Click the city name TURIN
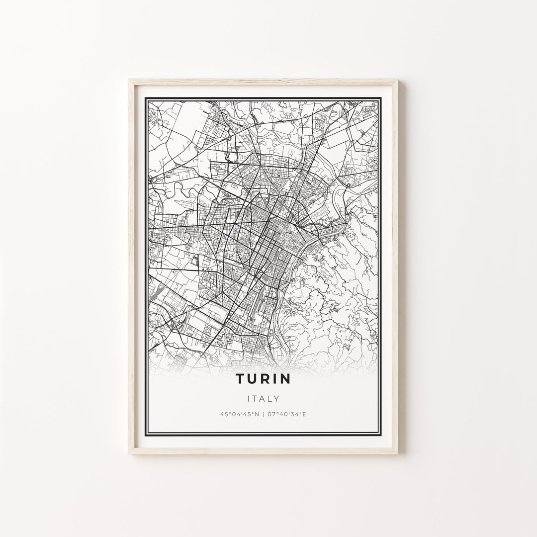pyautogui.click(x=263, y=378)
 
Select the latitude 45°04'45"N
pyautogui.click(x=239, y=414)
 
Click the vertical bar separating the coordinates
pyautogui.click(x=264, y=414)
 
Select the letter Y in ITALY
pyautogui.click(x=276, y=398)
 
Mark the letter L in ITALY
pyautogui.click(x=270, y=398)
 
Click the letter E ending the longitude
pyautogui.click(x=305, y=414)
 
